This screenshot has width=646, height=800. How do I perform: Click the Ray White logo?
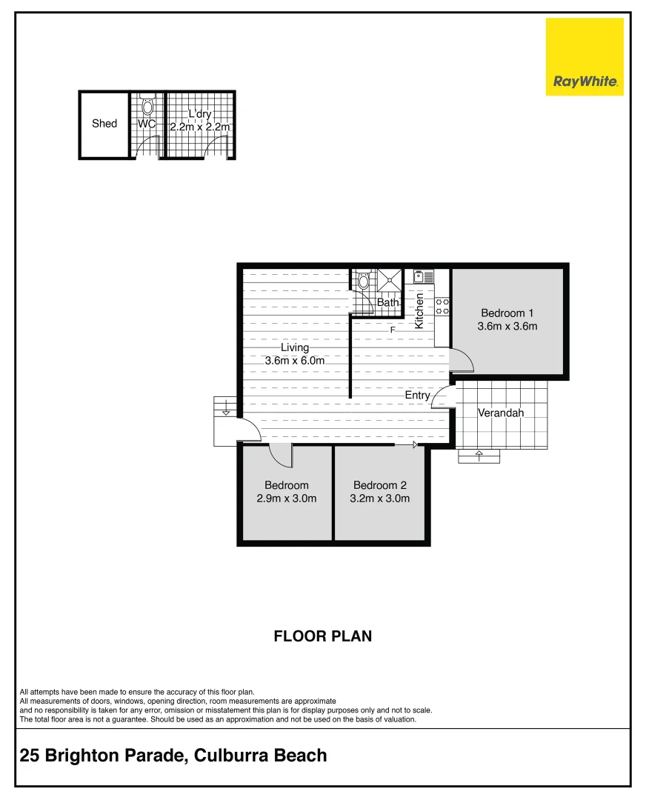pos(585,57)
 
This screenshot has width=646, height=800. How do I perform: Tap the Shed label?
pos(104,124)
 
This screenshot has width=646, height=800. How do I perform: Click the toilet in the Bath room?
pos(363,280)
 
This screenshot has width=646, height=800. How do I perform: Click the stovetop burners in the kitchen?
pos(442,307)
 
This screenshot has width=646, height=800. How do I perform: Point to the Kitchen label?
pos(419,311)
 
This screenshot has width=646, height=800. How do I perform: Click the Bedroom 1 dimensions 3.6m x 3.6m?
pos(508,326)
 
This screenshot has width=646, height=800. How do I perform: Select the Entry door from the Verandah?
pos(444,398)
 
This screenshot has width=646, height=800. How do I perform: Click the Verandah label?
pos(501,413)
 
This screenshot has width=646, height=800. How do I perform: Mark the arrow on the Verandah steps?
pos(479,453)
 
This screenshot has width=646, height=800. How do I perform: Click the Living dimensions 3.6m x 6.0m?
pos(295,360)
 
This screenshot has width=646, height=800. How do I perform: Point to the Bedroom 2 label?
pos(379,485)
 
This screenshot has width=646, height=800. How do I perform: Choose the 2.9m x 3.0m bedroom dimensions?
pos(286,499)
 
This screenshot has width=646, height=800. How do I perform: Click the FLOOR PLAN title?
pos(322,636)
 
